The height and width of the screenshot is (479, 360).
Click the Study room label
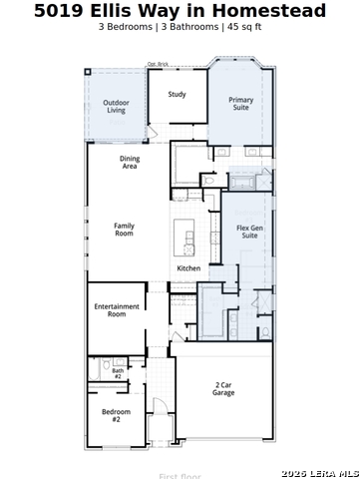point(177,95)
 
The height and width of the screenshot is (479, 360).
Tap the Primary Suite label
point(240,104)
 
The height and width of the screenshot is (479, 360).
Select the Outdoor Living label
point(117,106)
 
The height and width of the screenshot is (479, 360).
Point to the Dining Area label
point(130,163)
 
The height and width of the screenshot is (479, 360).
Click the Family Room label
point(124,230)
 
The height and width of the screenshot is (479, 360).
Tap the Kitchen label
point(188,268)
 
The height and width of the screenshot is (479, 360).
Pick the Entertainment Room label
point(117,310)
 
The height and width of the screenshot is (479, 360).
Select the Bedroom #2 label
point(116,416)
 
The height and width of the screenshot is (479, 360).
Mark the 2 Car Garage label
point(223,389)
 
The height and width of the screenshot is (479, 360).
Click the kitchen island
point(184,239)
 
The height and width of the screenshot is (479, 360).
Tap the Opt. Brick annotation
point(158,64)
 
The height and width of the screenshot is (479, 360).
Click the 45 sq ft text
point(244,28)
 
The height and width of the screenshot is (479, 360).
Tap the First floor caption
point(180,476)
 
